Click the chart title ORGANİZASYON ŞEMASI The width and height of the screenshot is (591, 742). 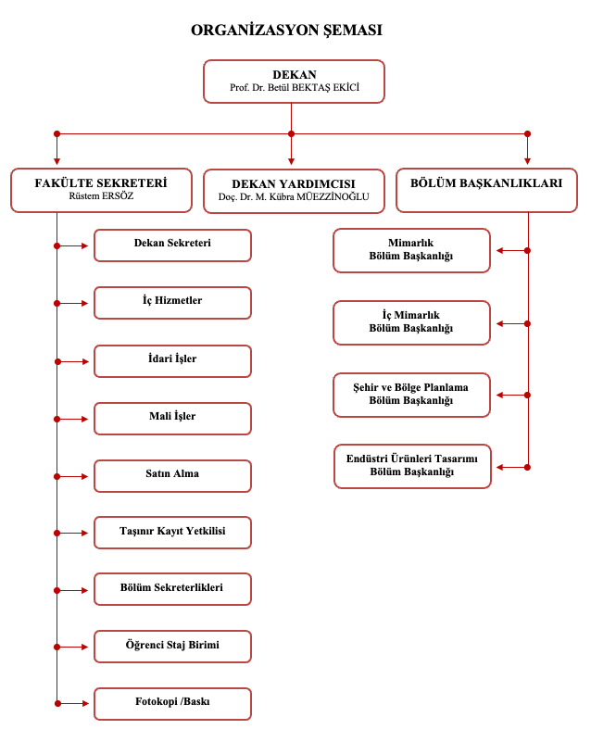[286, 31]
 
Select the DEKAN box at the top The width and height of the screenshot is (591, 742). [294, 82]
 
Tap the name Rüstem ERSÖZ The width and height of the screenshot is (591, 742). [101, 195]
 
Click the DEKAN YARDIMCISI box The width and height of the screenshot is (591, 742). [294, 191]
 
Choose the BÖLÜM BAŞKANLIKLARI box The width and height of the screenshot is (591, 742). [486, 190]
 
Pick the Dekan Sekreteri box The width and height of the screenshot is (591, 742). [172, 245]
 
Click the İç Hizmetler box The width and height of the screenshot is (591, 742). [172, 303]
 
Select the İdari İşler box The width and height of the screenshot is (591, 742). [172, 361]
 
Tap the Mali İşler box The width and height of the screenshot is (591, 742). [172, 419]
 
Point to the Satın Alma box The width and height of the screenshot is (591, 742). [172, 476]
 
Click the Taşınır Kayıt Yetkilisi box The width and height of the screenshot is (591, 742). [172, 533]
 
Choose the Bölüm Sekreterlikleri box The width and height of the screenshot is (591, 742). [172, 589]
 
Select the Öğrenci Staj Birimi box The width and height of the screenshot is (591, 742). [172, 647]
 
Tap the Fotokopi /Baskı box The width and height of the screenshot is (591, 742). [172, 704]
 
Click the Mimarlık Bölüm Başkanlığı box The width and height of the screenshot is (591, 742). [411, 251]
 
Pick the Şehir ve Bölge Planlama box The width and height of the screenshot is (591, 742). [411, 396]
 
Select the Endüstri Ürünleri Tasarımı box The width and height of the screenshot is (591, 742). [412, 466]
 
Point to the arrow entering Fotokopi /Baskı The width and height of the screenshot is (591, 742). [72, 704]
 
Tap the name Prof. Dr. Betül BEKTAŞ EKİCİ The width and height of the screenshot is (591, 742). [295, 88]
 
